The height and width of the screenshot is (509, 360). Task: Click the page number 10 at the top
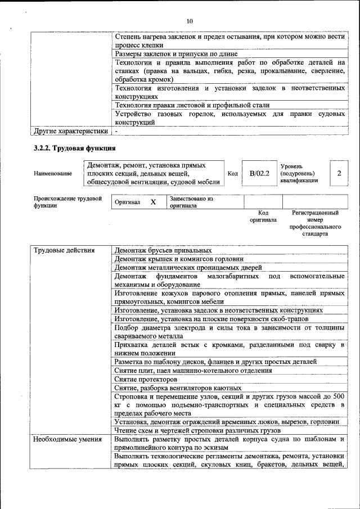(x=190, y=21)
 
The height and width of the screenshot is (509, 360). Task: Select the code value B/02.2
(x=260, y=173)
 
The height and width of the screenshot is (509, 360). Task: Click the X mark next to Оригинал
(x=153, y=202)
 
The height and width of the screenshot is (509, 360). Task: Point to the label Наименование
(x=53, y=174)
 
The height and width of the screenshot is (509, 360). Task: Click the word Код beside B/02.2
(x=233, y=174)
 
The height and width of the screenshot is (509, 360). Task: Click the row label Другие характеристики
(x=70, y=131)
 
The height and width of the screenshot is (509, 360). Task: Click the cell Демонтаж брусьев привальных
(x=163, y=250)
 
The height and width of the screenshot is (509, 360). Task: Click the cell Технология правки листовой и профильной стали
(x=192, y=105)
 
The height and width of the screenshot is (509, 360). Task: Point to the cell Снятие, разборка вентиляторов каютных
(x=178, y=388)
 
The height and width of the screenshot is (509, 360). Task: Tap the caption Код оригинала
(x=263, y=217)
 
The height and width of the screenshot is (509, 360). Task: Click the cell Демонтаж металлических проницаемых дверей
(x=188, y=268)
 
